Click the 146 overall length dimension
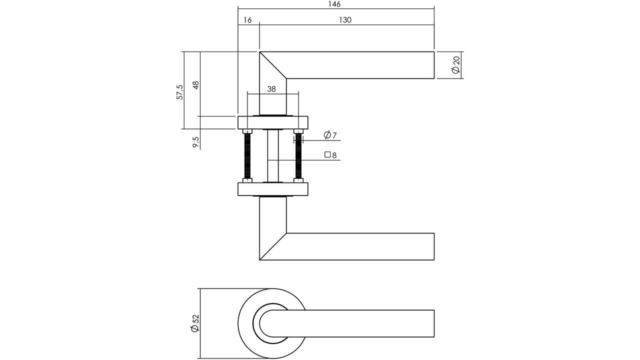click(334, 4)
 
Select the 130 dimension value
click(345, 20)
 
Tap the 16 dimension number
click(247, 20)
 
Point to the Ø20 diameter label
click(455, 65)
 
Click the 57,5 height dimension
click(179, 92)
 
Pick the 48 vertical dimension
click(195, 84)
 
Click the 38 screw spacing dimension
click(271, 89)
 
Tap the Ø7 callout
click(330, 135)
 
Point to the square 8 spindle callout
click(330, 155)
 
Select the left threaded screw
click(247, 156)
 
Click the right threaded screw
click(299, 156)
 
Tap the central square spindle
click(273, 156)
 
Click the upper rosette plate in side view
click(273, 123)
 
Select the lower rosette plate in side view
click(273, 189)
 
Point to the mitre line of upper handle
click(273, 65)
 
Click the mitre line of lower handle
click(273, 246)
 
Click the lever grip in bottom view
click(370, 323)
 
